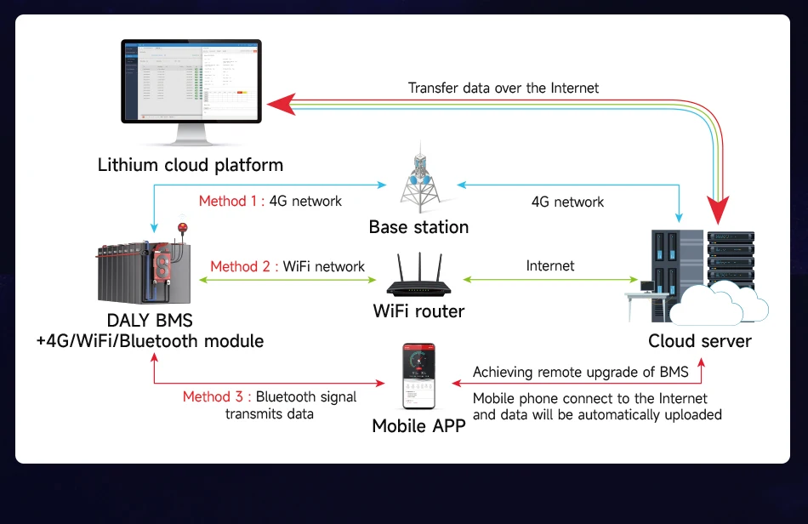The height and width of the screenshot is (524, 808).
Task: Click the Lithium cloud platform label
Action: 190,164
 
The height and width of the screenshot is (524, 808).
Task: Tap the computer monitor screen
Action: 191,81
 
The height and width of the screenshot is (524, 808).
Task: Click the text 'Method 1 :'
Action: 231,202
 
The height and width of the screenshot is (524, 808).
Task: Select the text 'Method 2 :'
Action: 242,266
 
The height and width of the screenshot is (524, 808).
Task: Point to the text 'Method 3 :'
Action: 216,396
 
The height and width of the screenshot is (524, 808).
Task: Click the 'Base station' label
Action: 418,227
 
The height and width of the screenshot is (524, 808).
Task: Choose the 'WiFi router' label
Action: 418,310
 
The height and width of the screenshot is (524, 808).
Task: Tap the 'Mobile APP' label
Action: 418,425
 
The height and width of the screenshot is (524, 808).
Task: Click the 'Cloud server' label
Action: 699,341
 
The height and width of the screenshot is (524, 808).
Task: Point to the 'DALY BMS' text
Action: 150,321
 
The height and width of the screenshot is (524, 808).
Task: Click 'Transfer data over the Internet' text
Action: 503,88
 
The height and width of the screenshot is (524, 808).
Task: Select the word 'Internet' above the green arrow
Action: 550,266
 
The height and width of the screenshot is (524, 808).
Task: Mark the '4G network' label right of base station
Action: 567,202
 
